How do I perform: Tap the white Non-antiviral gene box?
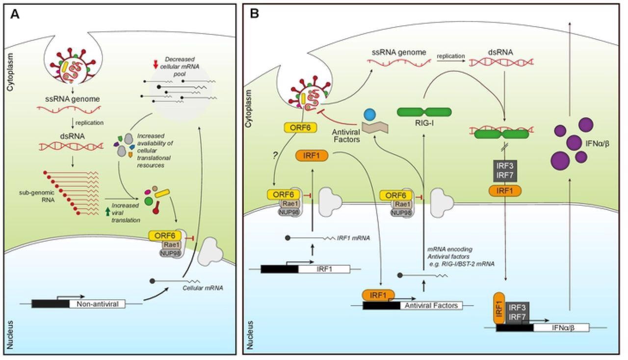97,304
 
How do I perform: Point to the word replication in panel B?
451,56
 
